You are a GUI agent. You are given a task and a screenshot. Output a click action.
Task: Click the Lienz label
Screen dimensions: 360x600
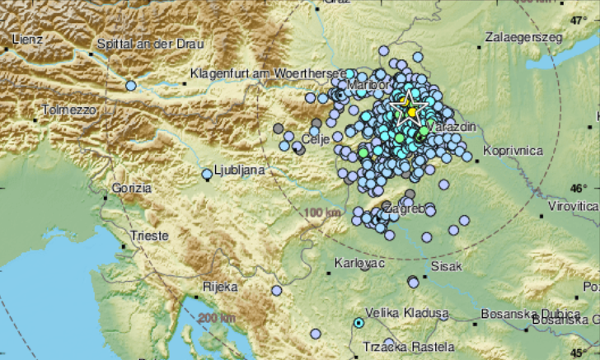click(27, 39)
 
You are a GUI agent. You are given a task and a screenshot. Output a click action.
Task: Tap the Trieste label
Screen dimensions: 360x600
click(149, 236)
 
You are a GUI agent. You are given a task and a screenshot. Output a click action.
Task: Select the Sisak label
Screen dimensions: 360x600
click(447, 266)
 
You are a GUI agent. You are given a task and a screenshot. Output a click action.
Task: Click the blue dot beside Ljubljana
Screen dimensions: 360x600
click(208, 174)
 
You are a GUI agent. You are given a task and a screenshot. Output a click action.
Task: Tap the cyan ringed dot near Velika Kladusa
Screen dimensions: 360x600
click(359, 323)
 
